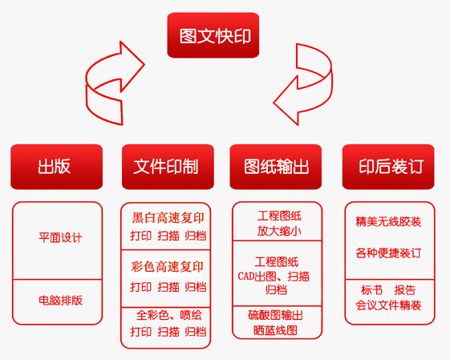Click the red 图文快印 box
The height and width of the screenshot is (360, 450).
213,35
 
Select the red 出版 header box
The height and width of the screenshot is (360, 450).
56,167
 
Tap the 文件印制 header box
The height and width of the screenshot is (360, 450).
168,167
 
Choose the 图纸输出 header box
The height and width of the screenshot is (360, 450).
275,167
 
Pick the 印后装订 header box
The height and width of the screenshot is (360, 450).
388,167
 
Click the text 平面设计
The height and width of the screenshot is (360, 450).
60,237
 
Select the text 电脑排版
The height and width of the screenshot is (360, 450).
60,300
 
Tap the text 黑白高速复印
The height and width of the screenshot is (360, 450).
168,218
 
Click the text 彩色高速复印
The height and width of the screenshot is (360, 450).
167,266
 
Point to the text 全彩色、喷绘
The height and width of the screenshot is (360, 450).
168,315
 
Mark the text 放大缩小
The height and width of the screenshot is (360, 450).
279,231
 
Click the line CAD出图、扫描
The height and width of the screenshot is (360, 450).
274,277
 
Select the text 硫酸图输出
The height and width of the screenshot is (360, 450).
275,315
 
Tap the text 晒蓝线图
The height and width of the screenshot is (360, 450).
275,330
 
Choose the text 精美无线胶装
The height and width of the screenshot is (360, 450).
388,221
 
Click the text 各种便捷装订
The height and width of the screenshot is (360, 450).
388,253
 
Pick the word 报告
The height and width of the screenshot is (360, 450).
405,290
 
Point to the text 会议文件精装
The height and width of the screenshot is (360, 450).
388,305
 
